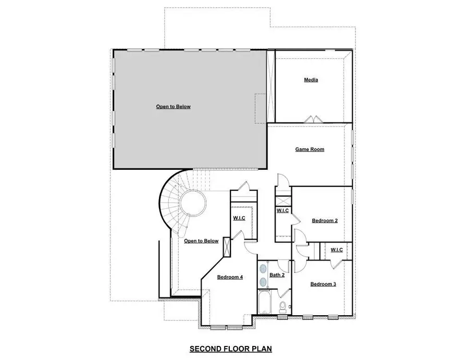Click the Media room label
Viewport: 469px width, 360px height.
click(x=311, y=80)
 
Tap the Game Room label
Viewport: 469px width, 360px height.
click(x=310, y=150)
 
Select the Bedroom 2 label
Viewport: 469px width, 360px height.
click(x=325, y=221)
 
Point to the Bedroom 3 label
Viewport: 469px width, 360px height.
click(x=323, y=284)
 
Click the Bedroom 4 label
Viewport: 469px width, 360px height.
click(x=230, y=277)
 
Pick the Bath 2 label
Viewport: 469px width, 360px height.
click(x=277, y=275)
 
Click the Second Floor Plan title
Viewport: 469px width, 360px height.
click(x=231, y=349)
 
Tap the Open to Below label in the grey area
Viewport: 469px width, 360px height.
click(x=174, y=107)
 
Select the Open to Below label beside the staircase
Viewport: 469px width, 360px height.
click(x=201, y=241)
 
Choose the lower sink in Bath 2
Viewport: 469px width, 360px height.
click(x=263, y=282)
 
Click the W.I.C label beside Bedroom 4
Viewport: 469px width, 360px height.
click(x=239, y=218)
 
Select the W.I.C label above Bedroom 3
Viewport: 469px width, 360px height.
click(x=337, y=250)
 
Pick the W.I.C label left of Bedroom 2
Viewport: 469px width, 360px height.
click(x=282, y=210)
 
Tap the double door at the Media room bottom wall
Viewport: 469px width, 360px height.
click(x=311, y=119)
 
